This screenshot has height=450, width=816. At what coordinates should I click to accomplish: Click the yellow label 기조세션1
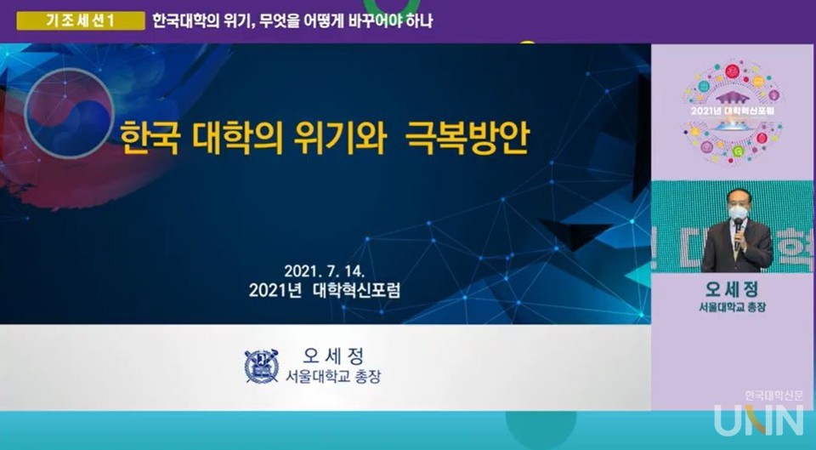pyautogui.click(x=80, y=21)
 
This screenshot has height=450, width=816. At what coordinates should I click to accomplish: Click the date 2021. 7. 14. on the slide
pyautogui.click(x=324, y=271)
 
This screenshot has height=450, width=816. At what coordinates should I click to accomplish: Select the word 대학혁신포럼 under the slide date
pyautogui.click(x=356, y=291)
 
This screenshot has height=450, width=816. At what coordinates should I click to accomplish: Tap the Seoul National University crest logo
pyautogui.click(x=262, y=366)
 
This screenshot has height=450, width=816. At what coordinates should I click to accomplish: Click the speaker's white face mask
pyautogui.click(x=738, y=213)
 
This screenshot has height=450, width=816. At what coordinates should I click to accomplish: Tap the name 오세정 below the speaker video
pyautogui.click(x=733, y=288)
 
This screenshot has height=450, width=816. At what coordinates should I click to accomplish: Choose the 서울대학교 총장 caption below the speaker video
pyautogui.click(x=733, y=306)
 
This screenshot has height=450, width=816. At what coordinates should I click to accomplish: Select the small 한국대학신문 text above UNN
pyautogui.click(x=773, y=396)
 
